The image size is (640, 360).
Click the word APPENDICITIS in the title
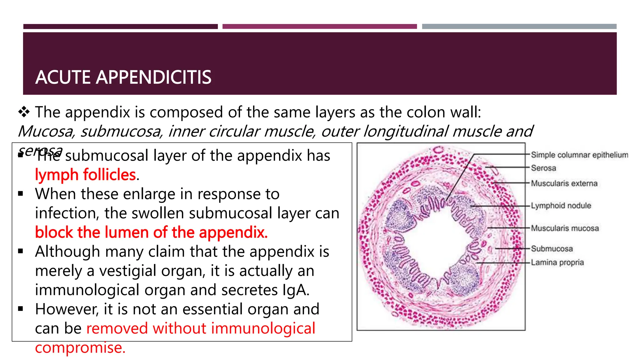tap(153, 77)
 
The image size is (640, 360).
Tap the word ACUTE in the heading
tap(63, 77)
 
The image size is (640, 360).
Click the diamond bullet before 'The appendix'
tap(24, 112)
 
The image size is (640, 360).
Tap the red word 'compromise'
tap(80, 347)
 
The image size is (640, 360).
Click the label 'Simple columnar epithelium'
tap(579, 155)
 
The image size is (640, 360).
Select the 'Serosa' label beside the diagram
tap(543, 168)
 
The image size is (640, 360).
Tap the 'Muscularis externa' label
tap(564, 183)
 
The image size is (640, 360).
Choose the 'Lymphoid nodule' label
tap(561, 206)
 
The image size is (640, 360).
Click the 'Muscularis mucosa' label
tap(565, 228)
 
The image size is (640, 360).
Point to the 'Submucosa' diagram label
tap(552, 249)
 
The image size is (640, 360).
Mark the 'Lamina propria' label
tap(557, 262)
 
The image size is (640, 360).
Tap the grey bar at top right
tap(519, 27)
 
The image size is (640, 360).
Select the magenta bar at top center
tap(319, 27)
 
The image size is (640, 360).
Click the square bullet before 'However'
tap(21, 309)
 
